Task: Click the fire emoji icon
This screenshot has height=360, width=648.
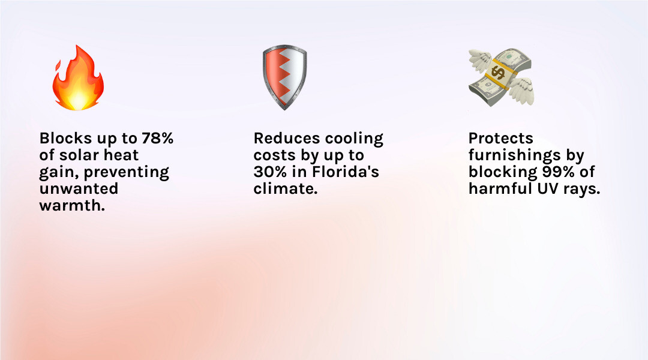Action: tap(78, 79)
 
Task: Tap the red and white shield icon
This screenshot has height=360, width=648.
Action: tap(284, 78)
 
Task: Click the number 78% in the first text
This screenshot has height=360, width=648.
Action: tap(157, 139)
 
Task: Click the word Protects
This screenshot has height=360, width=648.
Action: tap(500, 139)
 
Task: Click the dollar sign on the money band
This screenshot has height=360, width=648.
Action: tap(497, 73)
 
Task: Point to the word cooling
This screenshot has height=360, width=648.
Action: tap(355, 139)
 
